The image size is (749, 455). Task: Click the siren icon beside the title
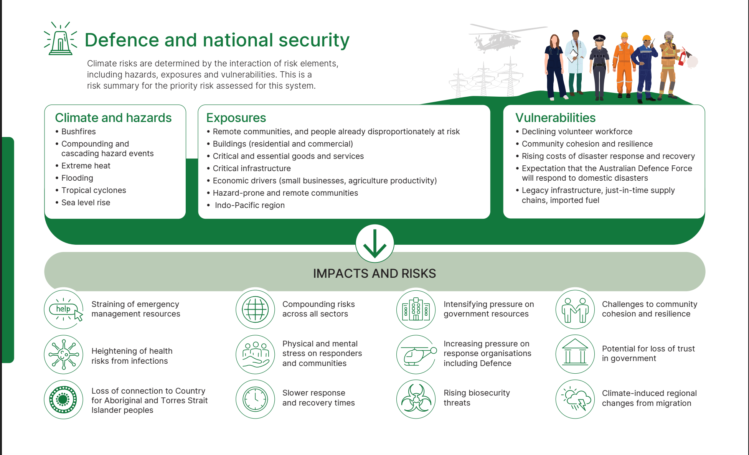(x=61, y=39)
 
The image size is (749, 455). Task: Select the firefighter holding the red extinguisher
(x=670, y=65)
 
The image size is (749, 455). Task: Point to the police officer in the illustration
(x=599, y=67)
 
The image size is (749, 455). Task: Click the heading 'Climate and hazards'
(x=113, y=118)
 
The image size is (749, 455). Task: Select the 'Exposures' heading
(x=236, y=118)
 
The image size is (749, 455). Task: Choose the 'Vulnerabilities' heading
(x=555, y=118)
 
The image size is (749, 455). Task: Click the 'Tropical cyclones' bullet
(x=94, y=190)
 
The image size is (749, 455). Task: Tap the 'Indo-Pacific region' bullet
(x=249, y=205)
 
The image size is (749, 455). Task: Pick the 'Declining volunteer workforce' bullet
(x=577, y=132)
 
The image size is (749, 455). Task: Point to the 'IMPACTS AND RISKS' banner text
(x=374, y=274)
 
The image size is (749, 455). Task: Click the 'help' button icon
(x=64, y=309)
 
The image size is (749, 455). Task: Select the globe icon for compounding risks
(x=255, y=309)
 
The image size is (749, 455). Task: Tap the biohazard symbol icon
(x=416, y=399)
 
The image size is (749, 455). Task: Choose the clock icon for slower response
(x=255, y=399)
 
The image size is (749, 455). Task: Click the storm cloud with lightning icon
(x=575, y=399)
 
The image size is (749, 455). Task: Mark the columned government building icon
(x=575, y=354)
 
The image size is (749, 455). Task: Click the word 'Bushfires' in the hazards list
(x=79, y=132)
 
